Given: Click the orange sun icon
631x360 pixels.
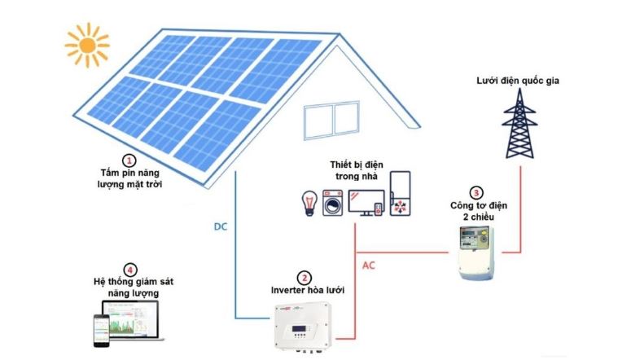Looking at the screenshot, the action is [x=87, y=45].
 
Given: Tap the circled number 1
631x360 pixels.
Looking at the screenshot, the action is [x=129, y=161].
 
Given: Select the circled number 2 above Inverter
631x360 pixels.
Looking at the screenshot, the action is [x=304, y=278].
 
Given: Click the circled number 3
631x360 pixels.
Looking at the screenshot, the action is [x=476, y=193].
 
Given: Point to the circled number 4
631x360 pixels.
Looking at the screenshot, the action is [x=129, y=270].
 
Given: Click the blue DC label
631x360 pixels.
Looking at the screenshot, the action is [x=221, y=226].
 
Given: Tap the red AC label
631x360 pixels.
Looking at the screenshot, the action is [x=368, y=266].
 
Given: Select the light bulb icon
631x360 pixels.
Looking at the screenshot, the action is [x=309, y=203].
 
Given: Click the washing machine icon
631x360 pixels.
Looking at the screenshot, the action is [x=333, y=203].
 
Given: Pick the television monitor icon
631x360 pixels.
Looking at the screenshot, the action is [x=366, y=203].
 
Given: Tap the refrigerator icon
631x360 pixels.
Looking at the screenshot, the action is [x=400, y=193].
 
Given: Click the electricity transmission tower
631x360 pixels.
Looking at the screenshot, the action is [x=519, y=123].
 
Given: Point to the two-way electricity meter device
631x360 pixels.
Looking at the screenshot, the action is [x=476, y=252].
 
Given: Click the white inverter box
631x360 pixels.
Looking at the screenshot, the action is [x=303, y=326].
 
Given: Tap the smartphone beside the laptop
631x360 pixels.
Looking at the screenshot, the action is [x=102, y=330].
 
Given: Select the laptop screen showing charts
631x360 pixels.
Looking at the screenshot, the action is [x=131, y=319].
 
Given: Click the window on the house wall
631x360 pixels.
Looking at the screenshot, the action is [x=331, y=120].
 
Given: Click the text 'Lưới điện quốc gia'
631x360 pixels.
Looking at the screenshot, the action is [x=518, y=81].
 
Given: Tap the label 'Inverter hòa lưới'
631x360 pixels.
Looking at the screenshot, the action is [x=308, y=290].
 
